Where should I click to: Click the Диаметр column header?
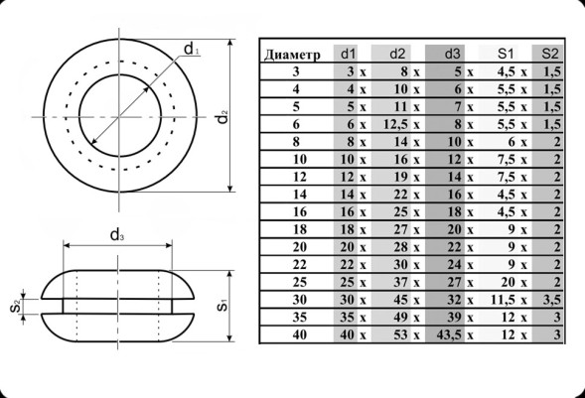292,55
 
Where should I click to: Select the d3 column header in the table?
453,54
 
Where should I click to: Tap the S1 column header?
506,54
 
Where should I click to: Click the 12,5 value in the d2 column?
396,124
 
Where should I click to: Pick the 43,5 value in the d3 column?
449,334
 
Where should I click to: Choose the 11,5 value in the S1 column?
504,300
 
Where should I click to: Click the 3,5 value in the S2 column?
552,300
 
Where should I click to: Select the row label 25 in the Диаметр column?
300,282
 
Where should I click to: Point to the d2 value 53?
401,334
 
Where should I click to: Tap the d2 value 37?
401,282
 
